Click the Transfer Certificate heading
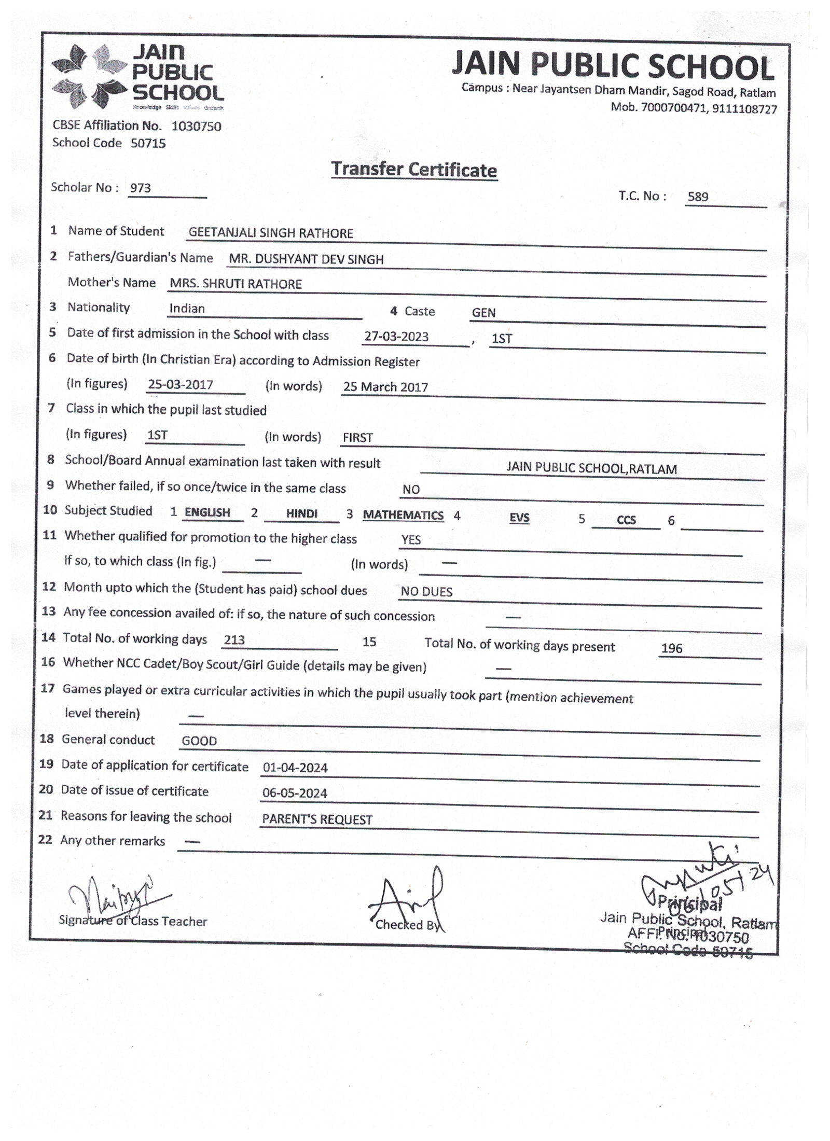click(x=414, y=170)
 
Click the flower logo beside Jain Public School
click(x=89, y=77)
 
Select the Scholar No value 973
click(x=141, y=188)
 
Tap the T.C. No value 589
click(x=698, y=197)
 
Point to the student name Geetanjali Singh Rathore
click(x=270, y=233)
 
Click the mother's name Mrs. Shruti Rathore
click(x=236, y=284)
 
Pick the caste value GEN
click(x=483, y=313)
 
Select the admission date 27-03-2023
click(x=396, y=337)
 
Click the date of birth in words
click(x=385, y=387)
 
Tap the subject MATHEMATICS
click(x=403, y=515)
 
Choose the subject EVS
click(x=519, y=518)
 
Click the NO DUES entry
click(x=426, y=592)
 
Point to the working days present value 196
click(x=672, y=648)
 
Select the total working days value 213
click(x=234, y=640)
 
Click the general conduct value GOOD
click(x=199, y=741)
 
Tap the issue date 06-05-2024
click(x=295, y=793)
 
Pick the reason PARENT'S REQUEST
click(x=317, y=819)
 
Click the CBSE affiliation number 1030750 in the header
click(x=196, y=126)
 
